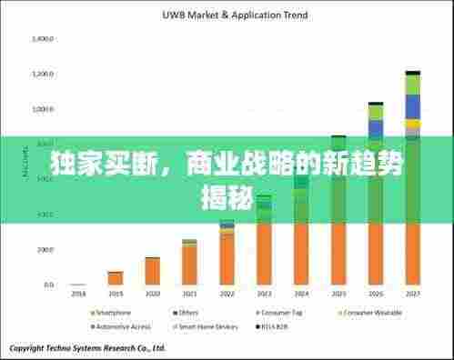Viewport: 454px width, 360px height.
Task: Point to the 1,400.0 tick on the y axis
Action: coord(42,39)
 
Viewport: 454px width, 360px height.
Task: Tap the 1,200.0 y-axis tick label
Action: coord(42,74)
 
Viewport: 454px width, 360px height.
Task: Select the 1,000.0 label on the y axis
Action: coord(42,109)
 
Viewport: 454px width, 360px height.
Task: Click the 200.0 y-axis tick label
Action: coord(44,249)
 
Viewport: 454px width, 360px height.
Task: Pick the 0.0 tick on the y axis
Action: coord(47,285)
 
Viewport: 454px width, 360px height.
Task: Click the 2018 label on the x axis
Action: coord(77,294)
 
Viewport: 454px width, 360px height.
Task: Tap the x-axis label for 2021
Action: coord(189,294)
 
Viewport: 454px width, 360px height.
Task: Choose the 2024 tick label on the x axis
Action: coord(301,294)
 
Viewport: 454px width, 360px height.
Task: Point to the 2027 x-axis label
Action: coord(413,294)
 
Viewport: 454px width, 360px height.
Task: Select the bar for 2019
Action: coord(115,277)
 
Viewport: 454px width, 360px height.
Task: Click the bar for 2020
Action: coord(152,271)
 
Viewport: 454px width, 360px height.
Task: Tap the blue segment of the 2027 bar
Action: coord(413,106)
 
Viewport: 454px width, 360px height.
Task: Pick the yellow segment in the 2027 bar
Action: coord(413,124)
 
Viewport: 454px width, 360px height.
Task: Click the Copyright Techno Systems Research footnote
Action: coord(87,347)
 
